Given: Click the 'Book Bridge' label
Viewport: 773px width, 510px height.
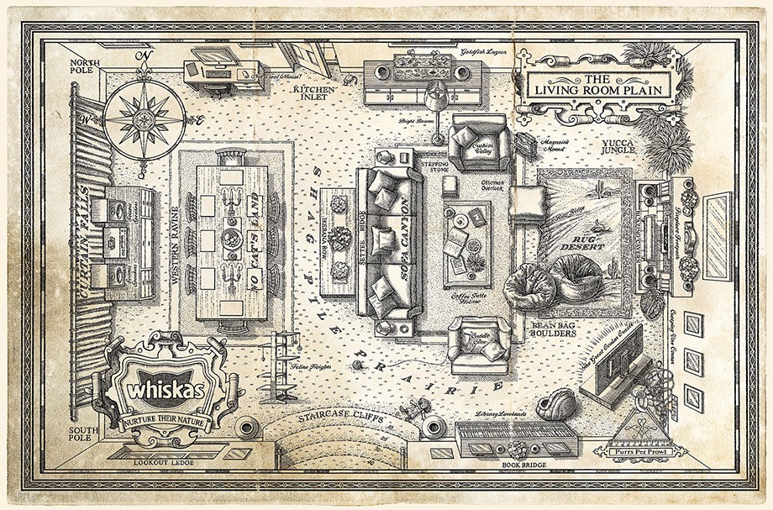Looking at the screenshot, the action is click(496, 463).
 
